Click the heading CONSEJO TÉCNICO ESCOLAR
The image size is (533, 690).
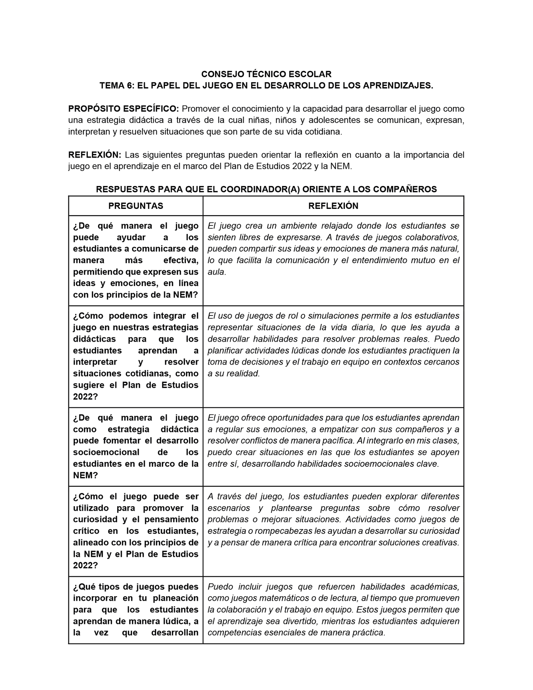(x=266, y=74)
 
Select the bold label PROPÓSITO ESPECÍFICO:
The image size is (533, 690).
(x=124, y=109)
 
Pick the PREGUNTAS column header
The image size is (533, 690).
(x=136, y=206)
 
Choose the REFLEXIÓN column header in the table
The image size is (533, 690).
(x=333, y=206)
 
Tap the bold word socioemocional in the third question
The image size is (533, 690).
(x=106, y=452)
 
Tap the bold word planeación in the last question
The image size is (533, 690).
(x=176, y=598)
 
